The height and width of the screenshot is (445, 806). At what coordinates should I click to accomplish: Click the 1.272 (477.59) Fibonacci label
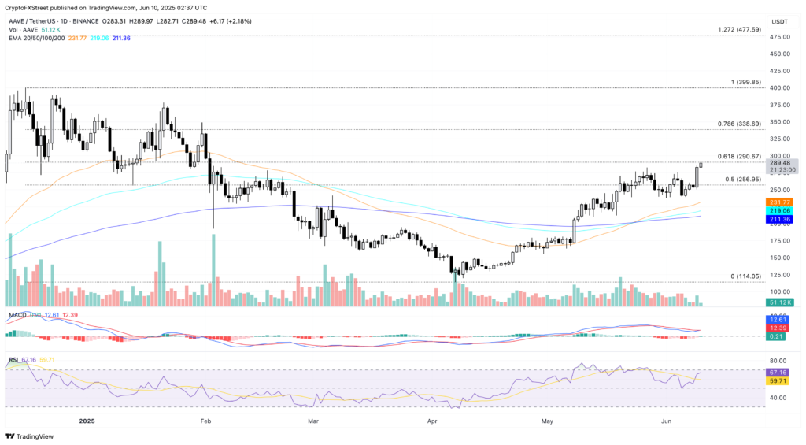tap(739, 30)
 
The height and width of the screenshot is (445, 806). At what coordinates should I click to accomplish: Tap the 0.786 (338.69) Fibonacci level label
tap(739, 124)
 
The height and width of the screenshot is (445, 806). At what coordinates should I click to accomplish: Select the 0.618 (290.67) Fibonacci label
tap(739, 156)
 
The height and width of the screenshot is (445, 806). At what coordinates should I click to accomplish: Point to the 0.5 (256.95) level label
tap(745, 180)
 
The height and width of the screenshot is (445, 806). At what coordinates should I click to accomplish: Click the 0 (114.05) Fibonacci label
tap(746, 276)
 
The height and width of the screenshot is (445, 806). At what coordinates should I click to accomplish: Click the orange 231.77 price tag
tap(780, 202)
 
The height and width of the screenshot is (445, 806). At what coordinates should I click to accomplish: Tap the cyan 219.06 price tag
tap(780, 211)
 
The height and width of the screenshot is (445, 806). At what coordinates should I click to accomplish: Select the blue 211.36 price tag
tap(780, 220)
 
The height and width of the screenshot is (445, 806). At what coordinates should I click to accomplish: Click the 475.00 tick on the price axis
tap(780, 36)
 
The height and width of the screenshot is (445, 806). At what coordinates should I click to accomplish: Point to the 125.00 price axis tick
tap(780, 274)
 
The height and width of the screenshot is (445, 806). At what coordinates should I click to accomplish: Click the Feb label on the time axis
tap(206, 421)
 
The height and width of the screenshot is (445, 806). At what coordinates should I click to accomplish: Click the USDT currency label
tap(780, 21)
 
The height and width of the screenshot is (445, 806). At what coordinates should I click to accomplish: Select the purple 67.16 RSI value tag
tap(780, 371)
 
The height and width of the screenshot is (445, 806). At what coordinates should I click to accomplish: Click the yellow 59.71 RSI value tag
tap(780, 380)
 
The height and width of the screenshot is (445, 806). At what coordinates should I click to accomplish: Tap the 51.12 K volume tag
tap(780, 302)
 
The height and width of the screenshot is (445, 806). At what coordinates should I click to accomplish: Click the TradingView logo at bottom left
tap(32, 436)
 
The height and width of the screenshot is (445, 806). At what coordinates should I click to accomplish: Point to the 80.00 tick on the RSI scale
tap(780, 361)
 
